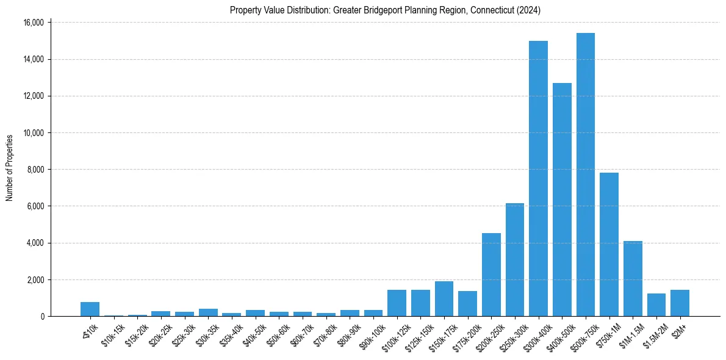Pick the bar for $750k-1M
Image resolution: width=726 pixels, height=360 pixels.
[609, 244]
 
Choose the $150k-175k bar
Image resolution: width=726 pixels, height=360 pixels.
[444, 299]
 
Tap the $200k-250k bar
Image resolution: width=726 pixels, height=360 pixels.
[491, 275]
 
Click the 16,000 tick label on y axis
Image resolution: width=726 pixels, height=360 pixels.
[32, 23]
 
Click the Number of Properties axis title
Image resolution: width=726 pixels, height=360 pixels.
[9, 168]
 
